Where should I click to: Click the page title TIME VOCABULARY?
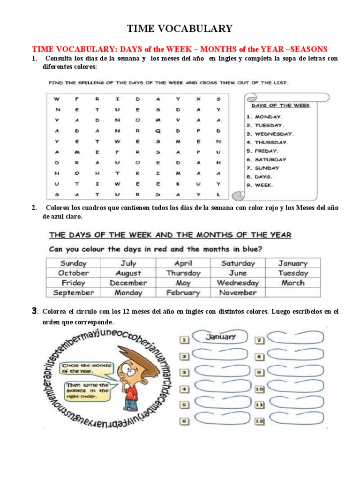[x=180, y=29]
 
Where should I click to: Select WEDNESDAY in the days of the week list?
[x=274, y=134]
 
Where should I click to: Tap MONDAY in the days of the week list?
[x=268, y=117]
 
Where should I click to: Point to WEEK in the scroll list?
[x=264, y=185]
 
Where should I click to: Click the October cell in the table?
[x=74, y=273]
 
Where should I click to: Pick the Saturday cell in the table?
[x=238, y=263]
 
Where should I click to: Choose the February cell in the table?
[x=183, y=292]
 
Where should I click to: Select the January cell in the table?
[x=292, y=263]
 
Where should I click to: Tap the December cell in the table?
[x=128, y=283]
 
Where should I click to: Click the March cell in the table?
[x=292, y=283]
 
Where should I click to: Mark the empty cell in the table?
[x=292, y=292]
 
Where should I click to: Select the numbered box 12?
[x=259, y=421]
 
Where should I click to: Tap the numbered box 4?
[x=185, y=389]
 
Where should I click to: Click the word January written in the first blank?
[x=220, y=337]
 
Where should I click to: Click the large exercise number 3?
[x=35, y=311]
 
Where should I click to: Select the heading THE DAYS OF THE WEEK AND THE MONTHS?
[x=170, y=235]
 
